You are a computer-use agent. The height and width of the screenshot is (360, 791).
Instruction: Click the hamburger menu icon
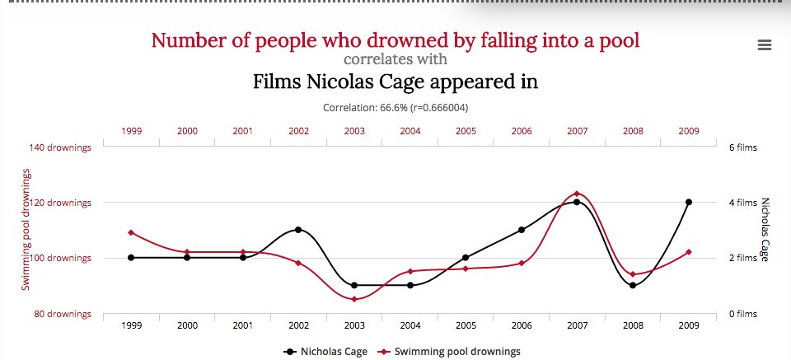[x=764, y=45]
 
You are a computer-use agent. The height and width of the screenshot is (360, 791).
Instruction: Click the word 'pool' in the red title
[x=619, y=40]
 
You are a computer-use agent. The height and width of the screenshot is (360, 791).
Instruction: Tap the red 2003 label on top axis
[x=354, y=130]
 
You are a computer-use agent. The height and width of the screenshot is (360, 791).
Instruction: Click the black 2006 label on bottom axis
[x=522, y=325]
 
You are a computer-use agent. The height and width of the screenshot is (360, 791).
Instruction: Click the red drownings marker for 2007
[x=577, y=194]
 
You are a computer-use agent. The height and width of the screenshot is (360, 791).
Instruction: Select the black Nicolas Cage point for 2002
[x=298, y=230]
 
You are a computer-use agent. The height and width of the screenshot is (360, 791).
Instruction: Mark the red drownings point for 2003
[x=354, y=299]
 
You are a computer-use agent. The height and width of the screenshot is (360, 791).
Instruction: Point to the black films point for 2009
[x=688, y=202]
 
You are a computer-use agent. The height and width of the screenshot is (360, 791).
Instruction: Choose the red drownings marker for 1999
[x=131, y=232]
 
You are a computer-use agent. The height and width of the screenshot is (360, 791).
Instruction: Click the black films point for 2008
[x=633, y=285]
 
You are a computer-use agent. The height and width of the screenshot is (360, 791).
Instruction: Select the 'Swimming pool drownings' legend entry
[x=456, y=352]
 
